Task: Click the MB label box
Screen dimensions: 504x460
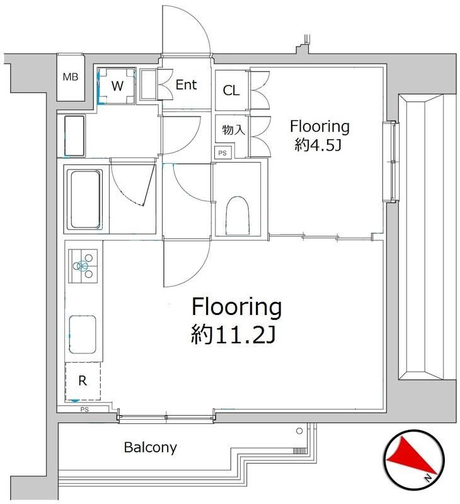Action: point(70,77)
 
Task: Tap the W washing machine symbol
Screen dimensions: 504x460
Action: point(117,85)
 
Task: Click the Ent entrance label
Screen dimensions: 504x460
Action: point(187,85)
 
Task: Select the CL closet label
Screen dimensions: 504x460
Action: point(231,90)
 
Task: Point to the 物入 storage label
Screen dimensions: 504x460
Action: point(232,130)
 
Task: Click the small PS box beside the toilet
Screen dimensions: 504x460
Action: point(222,152)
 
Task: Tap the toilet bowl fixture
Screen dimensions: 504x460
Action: point(237,214)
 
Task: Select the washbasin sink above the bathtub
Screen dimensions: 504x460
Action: point(75,135)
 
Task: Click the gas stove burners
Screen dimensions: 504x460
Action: point(84,265)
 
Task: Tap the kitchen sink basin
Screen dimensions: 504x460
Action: point(83,336)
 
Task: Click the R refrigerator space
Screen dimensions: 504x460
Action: point(83,381)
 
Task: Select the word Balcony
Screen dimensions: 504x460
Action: point(150,448)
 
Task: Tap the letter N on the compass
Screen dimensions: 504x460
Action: point(428,478)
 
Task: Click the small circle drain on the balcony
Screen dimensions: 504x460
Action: point(300,432)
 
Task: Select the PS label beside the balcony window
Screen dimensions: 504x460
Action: point(84,410)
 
